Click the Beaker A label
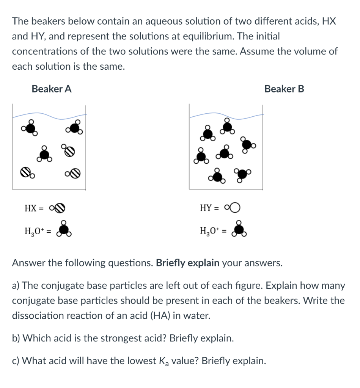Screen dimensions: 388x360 [x=52, y=89]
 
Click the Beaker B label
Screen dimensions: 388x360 [x=284, y=89]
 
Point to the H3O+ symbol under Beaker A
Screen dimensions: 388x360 [x=64, y=228]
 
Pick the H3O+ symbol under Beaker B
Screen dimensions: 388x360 [x=239, y=228]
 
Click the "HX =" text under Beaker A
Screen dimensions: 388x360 [x=34, y=208]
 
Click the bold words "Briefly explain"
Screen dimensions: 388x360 [x=188, y=263]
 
